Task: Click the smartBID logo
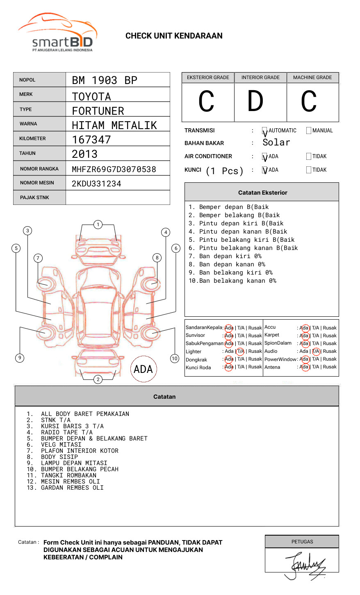point(57,33)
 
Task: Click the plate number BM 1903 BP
point(105,80)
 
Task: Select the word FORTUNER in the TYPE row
point(98,111)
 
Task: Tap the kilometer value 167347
point(91,140)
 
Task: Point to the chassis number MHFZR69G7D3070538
point(114,169)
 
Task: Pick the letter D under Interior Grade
point(255,102)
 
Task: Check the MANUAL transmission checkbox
point(309,131)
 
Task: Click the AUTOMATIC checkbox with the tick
point(264,131)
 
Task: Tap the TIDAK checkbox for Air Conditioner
point(309,157)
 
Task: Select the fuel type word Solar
point(276,143)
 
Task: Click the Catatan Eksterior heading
point(262,193)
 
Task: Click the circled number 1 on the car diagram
point(98,225)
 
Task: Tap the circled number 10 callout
point(175,359)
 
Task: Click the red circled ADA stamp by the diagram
point(144,369)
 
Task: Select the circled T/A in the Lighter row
point(240,351)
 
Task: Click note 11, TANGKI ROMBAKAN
point(68,475)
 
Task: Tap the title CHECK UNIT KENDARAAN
point(174,36)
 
